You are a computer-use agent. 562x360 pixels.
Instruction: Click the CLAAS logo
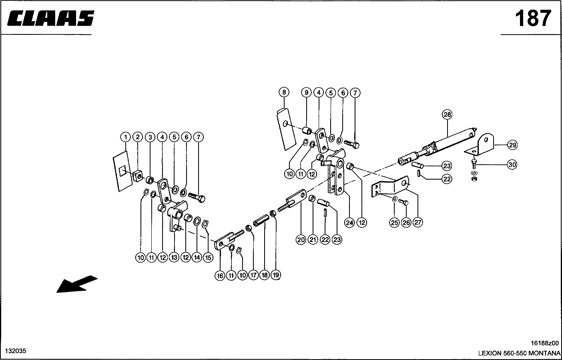[51, 18]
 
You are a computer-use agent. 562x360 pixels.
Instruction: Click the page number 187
[533, 18]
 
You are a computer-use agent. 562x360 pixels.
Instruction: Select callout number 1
[125, 137]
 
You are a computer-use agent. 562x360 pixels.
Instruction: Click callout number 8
[284, 92]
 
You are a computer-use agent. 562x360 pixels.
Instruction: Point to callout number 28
[448, 114]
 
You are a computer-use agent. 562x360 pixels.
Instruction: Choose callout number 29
[512, 145]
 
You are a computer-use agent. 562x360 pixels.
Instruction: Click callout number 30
[512, 165]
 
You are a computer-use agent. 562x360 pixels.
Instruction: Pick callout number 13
[174, 258]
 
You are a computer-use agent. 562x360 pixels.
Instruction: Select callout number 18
[265, 275]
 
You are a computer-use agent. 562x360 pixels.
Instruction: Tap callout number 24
[350, 223]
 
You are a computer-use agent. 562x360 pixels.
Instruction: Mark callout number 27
[418, 222]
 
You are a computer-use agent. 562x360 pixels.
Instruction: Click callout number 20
[301, 240]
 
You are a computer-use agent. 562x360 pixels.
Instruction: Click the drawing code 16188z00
[545, 343]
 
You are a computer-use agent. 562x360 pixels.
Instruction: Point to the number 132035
[16, 351]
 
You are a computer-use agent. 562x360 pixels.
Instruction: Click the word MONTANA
[544, 353]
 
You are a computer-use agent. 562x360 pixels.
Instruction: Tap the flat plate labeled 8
[287, 129]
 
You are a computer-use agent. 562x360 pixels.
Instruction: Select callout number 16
[220, 276]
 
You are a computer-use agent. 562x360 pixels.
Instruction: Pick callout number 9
[306, 93]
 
